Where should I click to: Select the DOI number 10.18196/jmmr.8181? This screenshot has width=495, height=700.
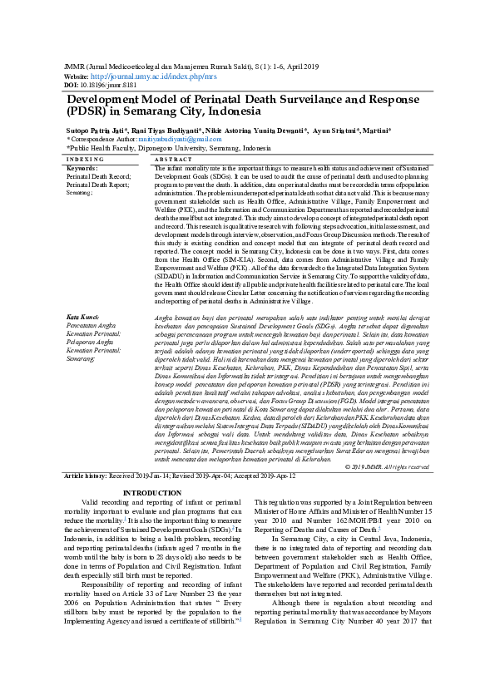point(101,84)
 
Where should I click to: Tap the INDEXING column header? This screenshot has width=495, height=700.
point(85,158)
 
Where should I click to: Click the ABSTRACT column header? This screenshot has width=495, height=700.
point(174,158)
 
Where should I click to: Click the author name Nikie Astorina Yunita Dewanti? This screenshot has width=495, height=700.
point(262,131)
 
